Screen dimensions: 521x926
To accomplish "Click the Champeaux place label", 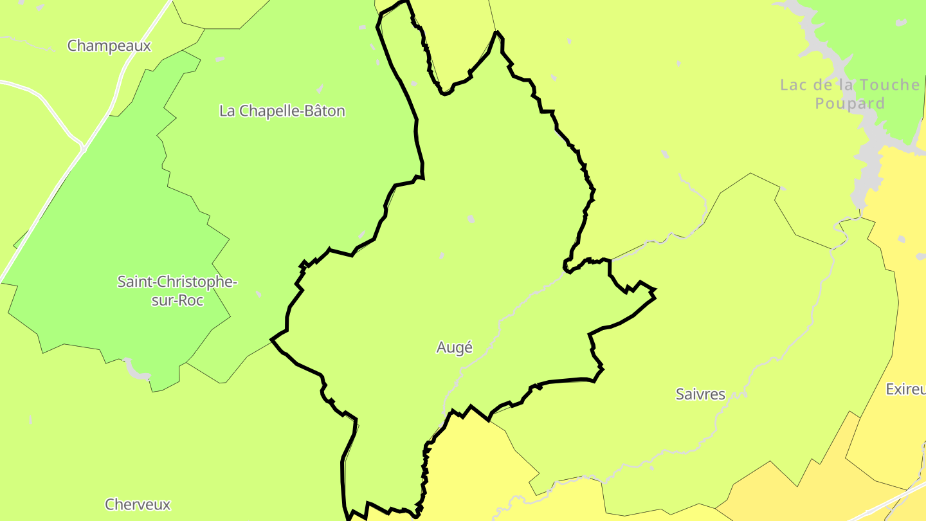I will click(109, 46).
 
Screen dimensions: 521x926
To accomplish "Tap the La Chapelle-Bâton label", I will click(282, 111).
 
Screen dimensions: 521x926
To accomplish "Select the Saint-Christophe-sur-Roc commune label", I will click(177, 291).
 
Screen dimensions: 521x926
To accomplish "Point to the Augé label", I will click(454, 347).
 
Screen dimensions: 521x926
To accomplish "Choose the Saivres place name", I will click(700, 394).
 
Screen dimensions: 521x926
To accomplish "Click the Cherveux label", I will click(138, 504).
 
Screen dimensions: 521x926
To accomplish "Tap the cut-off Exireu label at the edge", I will click(905, 389).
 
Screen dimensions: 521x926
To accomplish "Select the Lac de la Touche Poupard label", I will click(849, 94).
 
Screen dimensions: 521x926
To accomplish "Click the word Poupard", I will click(849, 104).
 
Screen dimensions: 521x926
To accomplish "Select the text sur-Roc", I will click(177, 300).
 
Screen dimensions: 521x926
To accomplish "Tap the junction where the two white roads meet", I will click(83, 148).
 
